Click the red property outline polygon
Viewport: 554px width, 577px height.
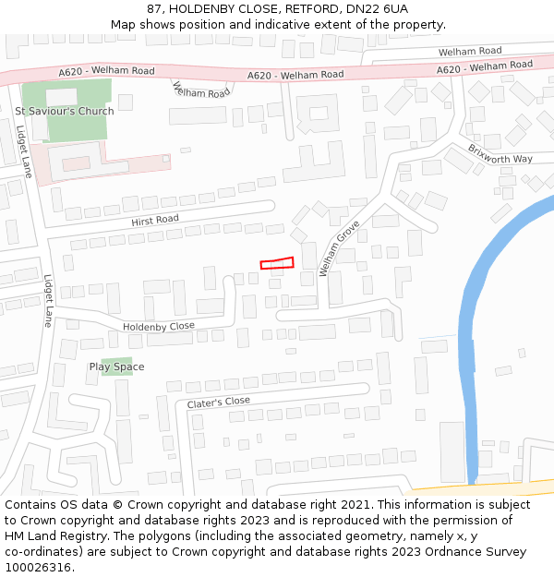pyautogui.click(x=277, y=264)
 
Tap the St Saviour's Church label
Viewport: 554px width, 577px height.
pyautogui.click(x=65, y=112)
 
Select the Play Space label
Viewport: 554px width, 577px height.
pyautogui.click(x=116, y=367)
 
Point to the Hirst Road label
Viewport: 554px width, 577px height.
pyautogui.click(x=155, y=220)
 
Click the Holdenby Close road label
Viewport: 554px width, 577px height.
pyautogui.click(x=159, y=326)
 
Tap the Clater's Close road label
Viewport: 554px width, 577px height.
pyautogui.click(x=218, y=403)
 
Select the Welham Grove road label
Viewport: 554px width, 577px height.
pyautogui.click(x=339, y=248)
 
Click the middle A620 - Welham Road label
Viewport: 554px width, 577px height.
pyautogui.click(x=295, y=75)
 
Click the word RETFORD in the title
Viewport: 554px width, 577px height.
pyautogui.click(x=313, y=8)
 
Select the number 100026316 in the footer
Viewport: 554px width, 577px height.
pyautogui.click(x=38, y=568)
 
